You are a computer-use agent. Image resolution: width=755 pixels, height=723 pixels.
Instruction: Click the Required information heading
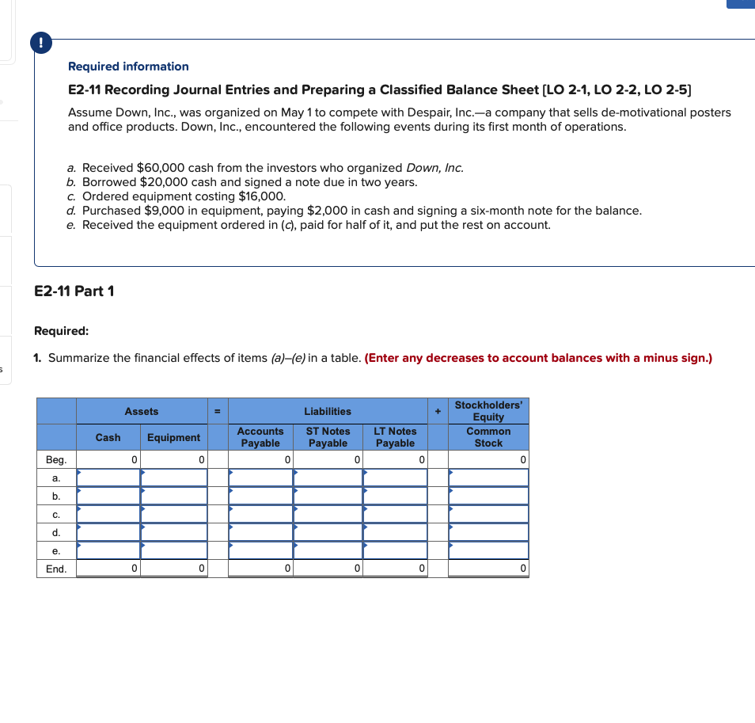pos(128,67)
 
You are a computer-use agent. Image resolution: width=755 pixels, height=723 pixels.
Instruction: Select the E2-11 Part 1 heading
pos(74,291)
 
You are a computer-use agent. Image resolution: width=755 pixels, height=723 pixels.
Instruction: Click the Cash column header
pos(108,437)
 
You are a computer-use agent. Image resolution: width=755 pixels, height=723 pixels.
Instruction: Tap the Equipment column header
pos(173,437)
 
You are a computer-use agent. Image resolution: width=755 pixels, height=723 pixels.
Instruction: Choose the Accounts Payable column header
pos(260,437)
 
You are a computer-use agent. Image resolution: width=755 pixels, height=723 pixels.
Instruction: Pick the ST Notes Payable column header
pos(328,437)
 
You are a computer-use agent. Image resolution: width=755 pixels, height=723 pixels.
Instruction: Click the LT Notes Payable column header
pos(395,437)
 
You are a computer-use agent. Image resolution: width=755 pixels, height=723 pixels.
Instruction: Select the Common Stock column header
pos(488,437)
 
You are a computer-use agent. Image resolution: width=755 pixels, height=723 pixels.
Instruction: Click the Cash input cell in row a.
pos(108,478)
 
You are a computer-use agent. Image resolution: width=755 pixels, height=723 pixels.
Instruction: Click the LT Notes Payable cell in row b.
pos(395,496)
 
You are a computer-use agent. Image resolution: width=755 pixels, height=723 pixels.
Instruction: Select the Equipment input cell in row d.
pos(174,532)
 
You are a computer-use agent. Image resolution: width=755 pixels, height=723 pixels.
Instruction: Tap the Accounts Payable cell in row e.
pos(260,550)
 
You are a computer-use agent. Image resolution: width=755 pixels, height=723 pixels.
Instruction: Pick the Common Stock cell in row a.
pos(488,478)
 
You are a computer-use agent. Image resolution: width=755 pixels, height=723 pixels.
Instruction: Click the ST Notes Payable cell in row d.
pos(328,532)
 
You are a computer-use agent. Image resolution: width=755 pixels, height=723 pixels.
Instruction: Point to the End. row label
pos(56,569)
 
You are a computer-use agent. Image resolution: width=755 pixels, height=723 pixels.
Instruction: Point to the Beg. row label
pos(56,459)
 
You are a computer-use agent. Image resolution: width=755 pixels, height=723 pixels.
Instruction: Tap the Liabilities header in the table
pos(328,411)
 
